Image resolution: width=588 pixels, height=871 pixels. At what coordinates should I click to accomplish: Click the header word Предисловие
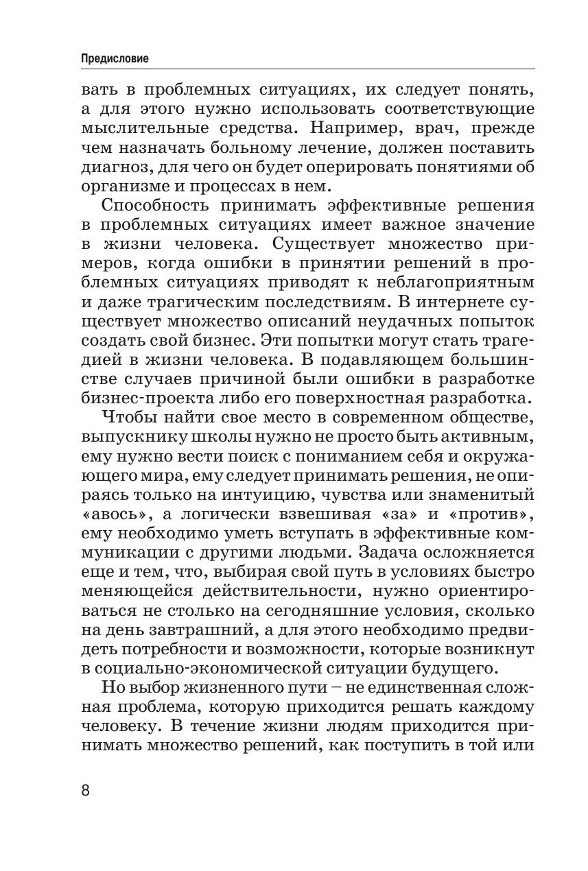tap(115, 59)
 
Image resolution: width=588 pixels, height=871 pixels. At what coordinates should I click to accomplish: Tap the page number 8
tap(86, 789)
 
